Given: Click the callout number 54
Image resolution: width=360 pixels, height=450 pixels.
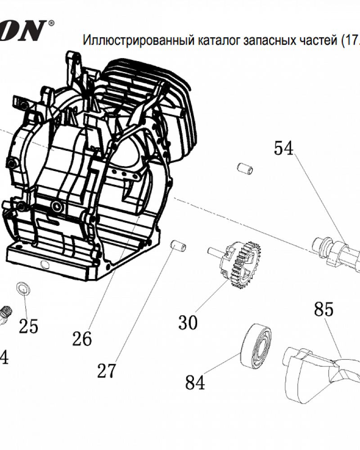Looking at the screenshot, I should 283,148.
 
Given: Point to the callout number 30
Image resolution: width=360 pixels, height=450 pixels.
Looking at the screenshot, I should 188,322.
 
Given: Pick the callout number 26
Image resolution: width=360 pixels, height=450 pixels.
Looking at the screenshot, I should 82,338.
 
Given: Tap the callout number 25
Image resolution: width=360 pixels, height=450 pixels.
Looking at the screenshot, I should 28,326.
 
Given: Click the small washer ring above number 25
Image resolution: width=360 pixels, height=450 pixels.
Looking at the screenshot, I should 22,288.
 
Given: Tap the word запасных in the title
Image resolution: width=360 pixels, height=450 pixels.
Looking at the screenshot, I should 267,41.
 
